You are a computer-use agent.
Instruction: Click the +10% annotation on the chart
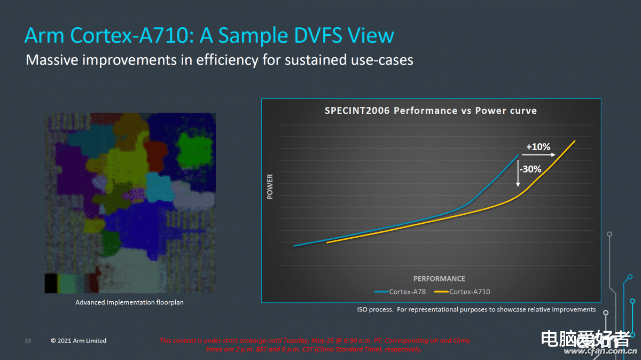coord(538,147)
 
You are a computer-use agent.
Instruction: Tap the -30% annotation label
coord(530,169)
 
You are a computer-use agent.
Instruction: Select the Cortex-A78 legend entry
coord(400,292)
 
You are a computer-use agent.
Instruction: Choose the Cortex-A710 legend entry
coord(462,292)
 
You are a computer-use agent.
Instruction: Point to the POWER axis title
coord(270,186)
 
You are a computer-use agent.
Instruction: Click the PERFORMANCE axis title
coord(439,279)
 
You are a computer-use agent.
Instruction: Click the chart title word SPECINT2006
coord(357,111)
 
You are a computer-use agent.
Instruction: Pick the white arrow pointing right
coord(538,155)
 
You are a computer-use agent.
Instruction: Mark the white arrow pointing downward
coord(518,174)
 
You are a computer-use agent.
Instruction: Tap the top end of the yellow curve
coord(575,141)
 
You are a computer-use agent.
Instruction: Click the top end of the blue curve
coord(518,155)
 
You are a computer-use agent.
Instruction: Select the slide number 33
coord(28,341)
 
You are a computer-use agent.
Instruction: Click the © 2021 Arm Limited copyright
coord(79,341)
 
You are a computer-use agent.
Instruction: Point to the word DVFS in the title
coord(318,35)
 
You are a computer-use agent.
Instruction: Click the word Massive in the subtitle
coord(52,60)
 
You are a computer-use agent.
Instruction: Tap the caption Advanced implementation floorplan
coord(129,302)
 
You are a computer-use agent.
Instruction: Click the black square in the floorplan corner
coord(51,283)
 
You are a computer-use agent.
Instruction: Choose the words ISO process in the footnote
coord(375,310)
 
